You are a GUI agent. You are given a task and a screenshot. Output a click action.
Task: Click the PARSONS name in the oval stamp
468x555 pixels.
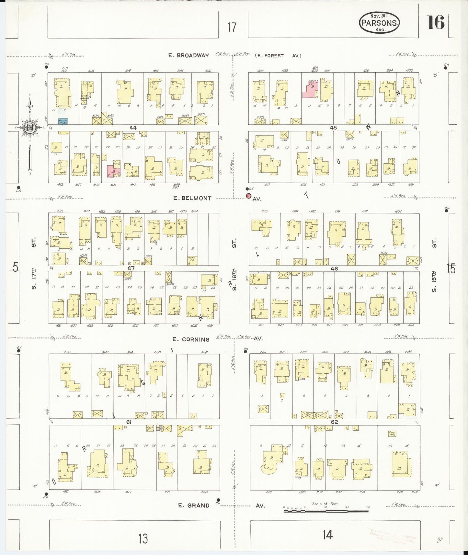pyautogui.click(x=379, y=23)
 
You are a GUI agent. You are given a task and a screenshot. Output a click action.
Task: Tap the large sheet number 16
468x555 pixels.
pyautogui.click(x=436, y=22)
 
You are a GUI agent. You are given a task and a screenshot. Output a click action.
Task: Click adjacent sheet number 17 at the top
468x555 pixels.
pyautogui.click(x=232, y=27)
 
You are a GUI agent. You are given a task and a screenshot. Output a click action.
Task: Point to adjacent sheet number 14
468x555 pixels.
pyautogui.click(x=327, y=535)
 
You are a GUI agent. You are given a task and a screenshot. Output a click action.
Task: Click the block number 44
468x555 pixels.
pyautogui.click(x=133, y=128)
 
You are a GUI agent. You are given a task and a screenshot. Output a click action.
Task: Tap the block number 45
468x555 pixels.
pyautogui.click(x=333, y=128)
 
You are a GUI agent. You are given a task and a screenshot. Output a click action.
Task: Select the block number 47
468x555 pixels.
pyautogui.click(x=131, y=268)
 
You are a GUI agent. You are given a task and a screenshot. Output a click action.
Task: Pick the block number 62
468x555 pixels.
pyautogui.click(x=335, y=422)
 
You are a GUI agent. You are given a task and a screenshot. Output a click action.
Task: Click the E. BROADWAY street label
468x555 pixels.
pyautogui.click(x=188, y=55)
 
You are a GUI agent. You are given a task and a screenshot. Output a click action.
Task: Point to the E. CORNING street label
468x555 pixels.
pyautogui.click(x=191, y=339)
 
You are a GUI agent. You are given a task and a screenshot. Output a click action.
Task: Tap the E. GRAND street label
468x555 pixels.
pyautogui.click(x=194, y=505)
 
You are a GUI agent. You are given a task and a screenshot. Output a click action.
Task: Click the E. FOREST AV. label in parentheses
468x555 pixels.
pyautogui.click(x=278, y=56)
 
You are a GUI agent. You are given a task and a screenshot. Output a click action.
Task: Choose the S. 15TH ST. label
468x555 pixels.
pyautogui.click(x=434, y=265)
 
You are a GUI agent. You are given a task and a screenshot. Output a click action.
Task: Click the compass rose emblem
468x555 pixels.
pyautogui.click(x=30, y=127)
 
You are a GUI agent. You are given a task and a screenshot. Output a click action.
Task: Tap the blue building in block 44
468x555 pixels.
pyautogui.click(x=63, y=121)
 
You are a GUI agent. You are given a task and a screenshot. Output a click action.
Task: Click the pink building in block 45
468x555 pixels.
pyautogui.click(x=310, y=89)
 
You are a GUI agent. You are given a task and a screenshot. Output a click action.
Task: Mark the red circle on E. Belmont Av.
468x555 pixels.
pyautogui.click(x=248, y=196)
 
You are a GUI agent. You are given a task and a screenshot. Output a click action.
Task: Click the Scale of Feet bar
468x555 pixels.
pyautogui.click(x=325, y=511)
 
